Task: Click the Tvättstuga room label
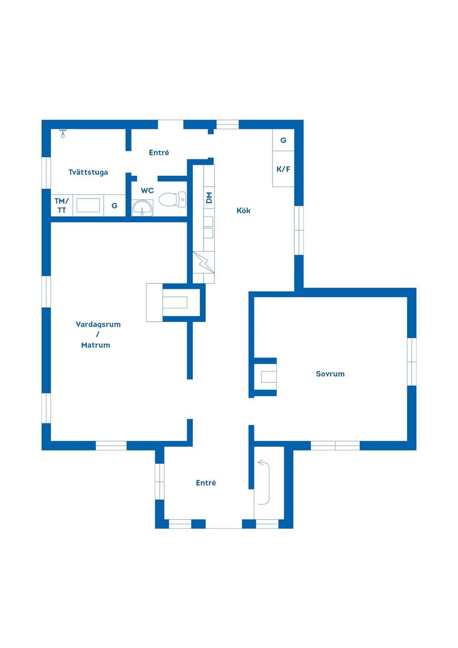88,172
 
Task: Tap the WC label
147,191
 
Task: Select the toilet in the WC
172,199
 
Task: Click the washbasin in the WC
142,208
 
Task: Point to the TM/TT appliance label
62,206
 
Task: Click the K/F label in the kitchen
283,169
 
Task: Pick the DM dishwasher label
209,198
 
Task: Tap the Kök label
243,210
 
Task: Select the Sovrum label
330,374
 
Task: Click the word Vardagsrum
98,324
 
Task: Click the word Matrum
95,345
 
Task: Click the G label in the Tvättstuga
114,206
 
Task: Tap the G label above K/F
283,140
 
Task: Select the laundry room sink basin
88,205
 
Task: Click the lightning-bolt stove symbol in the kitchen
204,262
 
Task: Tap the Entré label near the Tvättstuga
159,152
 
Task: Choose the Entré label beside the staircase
206,483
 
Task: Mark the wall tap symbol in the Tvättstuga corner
63,133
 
